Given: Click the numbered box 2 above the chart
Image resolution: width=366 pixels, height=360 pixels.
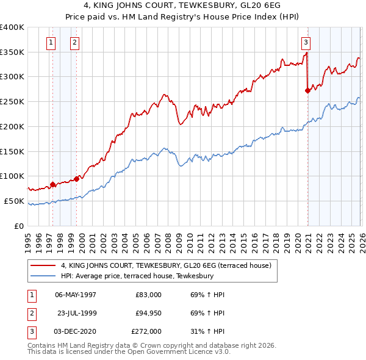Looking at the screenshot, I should (74, 42).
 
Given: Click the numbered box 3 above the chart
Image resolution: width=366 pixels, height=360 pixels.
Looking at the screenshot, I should (305, 42).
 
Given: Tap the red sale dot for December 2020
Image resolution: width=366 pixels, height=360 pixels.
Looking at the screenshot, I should (307, 91).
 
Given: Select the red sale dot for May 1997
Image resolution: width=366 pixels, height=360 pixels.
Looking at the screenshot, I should (53, 184).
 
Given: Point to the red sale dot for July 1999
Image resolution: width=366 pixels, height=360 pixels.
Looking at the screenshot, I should (77, 178).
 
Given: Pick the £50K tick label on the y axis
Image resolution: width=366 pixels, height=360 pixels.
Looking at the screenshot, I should (13, 201).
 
